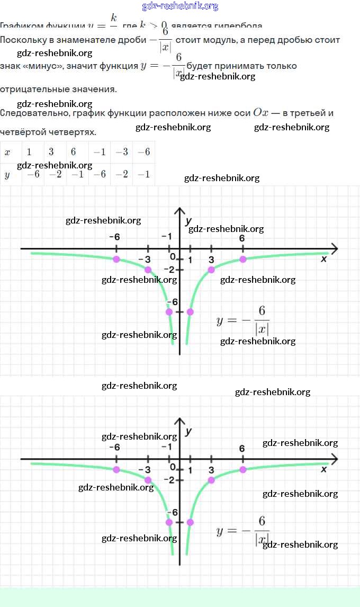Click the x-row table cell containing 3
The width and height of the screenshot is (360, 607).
tap(51, 152)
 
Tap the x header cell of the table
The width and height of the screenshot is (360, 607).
tap(7, 152)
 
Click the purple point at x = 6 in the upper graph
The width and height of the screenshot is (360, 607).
tap(242, 259)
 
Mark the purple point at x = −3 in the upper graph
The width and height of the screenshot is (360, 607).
tap(148, 270)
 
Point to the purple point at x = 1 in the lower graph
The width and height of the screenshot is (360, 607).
tap(190, 522)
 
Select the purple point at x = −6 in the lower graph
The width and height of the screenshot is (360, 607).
tap(116, 470)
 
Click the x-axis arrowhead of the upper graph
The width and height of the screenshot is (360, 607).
tap(334, 248)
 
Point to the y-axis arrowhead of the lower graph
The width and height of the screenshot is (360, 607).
tap(179, 423)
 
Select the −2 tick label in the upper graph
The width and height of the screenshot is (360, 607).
tap(169, 270)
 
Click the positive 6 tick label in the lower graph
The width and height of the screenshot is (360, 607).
tap(242, 449)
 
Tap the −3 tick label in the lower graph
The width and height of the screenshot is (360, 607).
tap(144, 470)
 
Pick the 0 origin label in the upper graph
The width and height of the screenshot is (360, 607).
tap(173, 257)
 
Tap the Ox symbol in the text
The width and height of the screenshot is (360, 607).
tap(261, 112)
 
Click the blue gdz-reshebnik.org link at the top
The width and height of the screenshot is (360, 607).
tap(180, 6)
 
